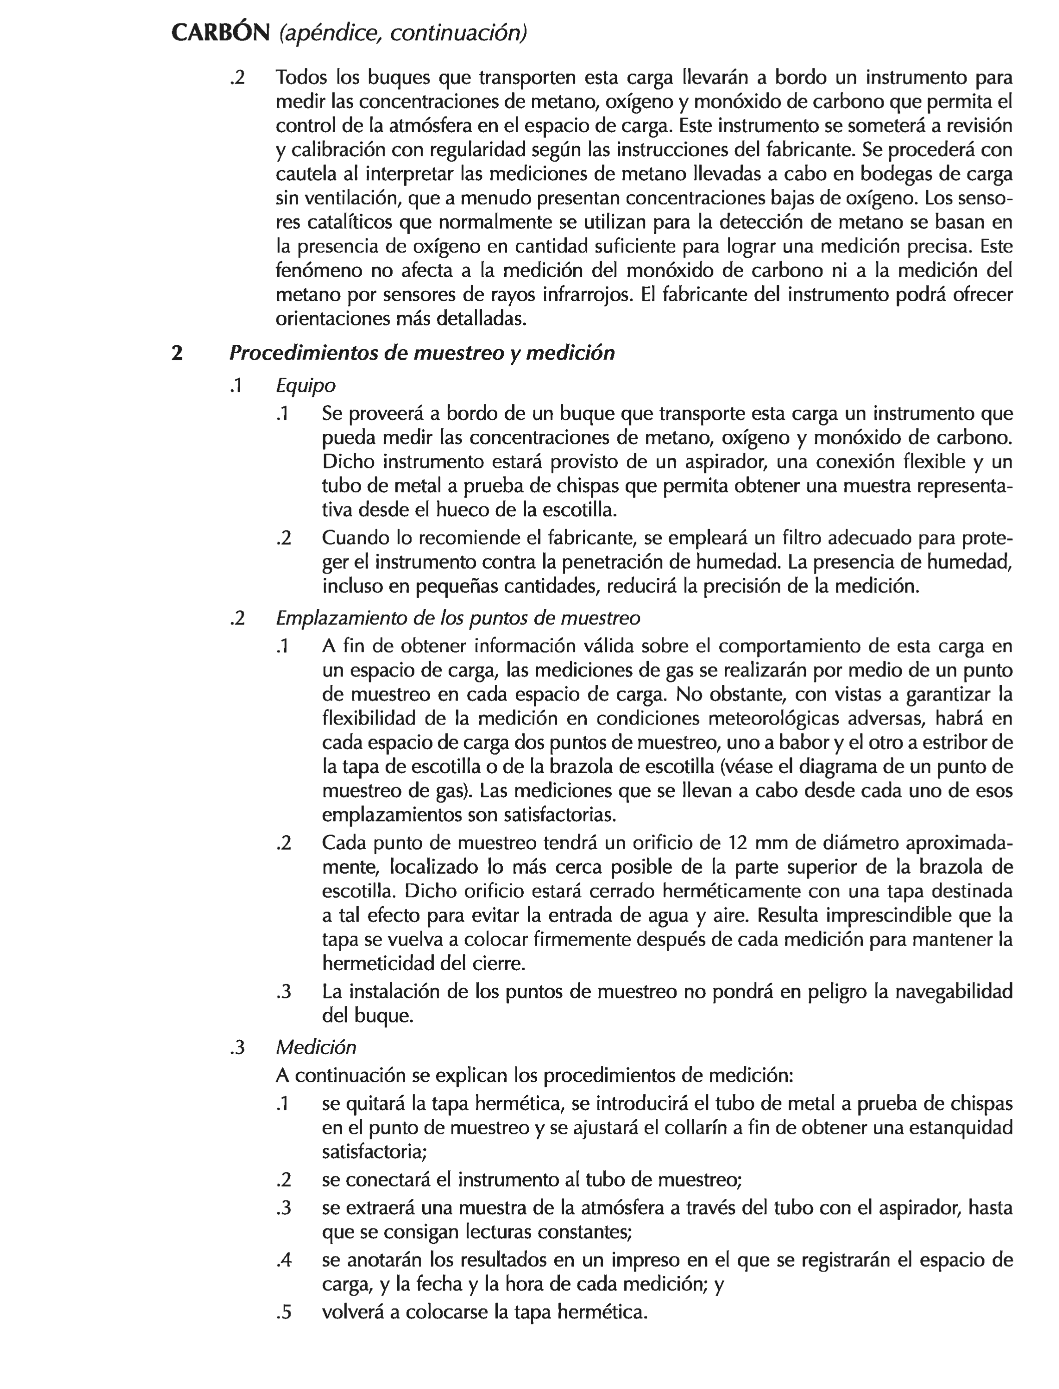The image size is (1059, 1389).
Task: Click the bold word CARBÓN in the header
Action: coord(221,33)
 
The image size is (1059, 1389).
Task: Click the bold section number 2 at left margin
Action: coord(177,353)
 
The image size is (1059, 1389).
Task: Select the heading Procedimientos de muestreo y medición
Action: coord(422,353)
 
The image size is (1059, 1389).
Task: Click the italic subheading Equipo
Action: coord(306,385)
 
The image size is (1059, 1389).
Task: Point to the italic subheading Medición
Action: coord(316,1047)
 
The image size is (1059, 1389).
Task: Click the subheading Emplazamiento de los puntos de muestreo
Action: coord(458,618)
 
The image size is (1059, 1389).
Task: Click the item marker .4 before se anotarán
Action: coord(284,1260)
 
